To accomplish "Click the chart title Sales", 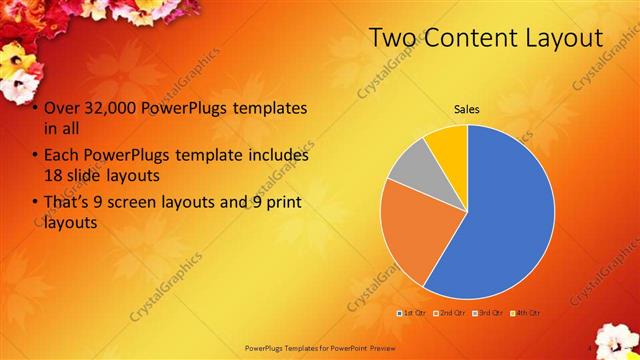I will (x=467, y=107).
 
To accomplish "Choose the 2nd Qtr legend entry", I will (x=449, y=313).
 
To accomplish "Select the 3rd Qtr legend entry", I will (x=488, y=313).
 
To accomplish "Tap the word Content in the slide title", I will (x=460, y=38).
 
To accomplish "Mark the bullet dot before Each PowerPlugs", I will (x=35, y=157).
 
